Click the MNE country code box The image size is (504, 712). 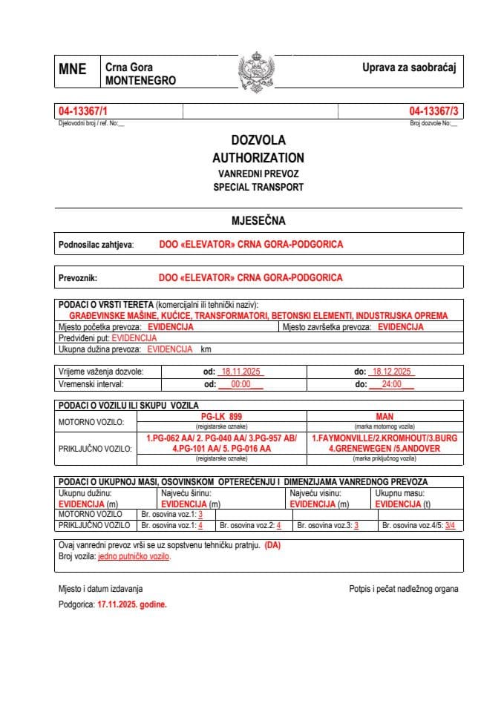pos(72,71)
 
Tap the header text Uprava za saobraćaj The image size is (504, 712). pos(408,67)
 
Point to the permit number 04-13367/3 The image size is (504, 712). pos(434,111)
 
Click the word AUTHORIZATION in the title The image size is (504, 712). pos(258,157)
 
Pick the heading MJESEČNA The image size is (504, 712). pos(258,220)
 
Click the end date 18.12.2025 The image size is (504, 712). pos(394,371)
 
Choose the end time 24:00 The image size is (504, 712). pos(391,384)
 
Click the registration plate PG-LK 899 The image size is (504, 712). pos(222,417)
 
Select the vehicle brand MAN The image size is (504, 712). pos(384,417)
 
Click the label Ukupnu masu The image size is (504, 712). pos(399,492)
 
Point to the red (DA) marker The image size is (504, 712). pos(272,545)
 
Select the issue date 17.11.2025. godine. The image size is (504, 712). pos(132,604)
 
